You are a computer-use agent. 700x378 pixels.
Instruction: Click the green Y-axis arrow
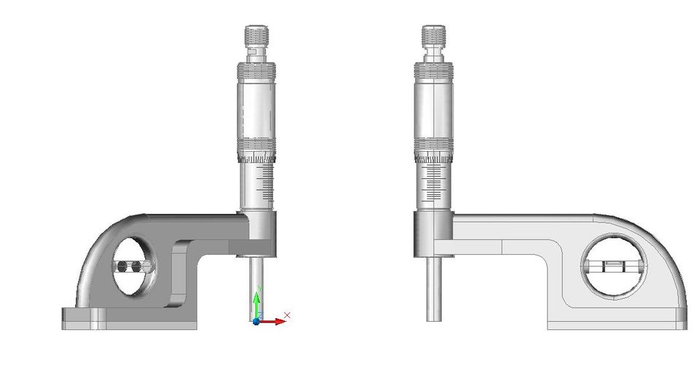pyautogui.click(x=256, y=304)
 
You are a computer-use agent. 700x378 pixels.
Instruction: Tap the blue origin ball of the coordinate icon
pyautogui.click(x=256, y=321)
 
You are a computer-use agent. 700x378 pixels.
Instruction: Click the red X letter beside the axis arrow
pyautogui.click(x=287, y=315)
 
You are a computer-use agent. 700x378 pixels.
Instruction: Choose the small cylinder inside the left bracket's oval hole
pyautogui.click(x=132, y=268)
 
